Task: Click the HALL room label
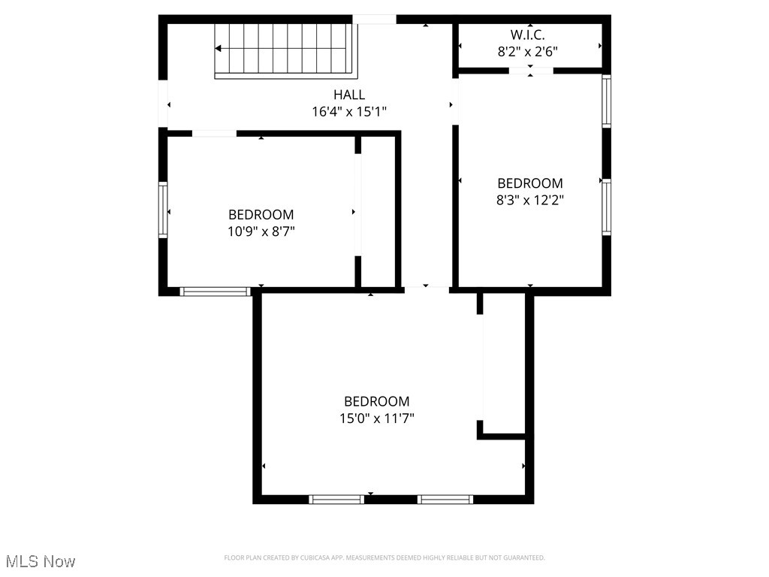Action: [x=349, y=95]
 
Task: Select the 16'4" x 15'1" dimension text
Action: [x=349, y=112]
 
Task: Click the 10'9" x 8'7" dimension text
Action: [x=261, y=231]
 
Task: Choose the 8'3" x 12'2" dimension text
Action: [x=530, y=200]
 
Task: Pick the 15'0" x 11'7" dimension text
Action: [x=376, y=418]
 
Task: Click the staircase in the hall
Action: [x=285, y=50]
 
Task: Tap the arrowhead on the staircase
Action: [x=218, y=49]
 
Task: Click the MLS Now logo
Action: [x=41, y=560]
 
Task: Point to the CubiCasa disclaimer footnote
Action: [x=384, y=557]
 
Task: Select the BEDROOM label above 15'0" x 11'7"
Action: [x=376, y=401]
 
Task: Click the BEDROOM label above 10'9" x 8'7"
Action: [x=261, y=215]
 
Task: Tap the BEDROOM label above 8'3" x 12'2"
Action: [x=530, y=183]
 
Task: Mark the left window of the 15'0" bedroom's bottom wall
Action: [x=336, y=499]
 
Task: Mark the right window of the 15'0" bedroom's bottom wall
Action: [x=445, y=499]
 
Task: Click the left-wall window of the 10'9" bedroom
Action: [x=163, y=210]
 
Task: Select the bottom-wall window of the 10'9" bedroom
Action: [x=215, y=292]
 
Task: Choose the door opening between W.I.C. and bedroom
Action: [x=531, y=71]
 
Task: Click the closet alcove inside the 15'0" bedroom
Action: [x=503, y=364]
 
